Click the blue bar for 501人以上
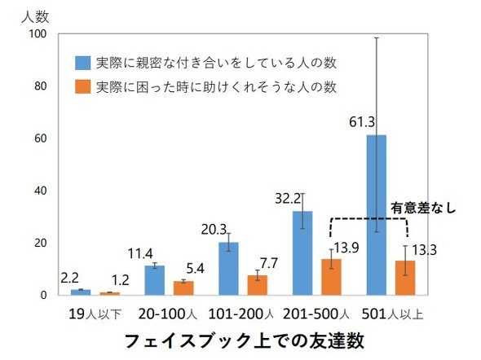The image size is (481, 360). click(x=377, y=215)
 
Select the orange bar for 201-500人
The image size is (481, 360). click(x=331, y=277)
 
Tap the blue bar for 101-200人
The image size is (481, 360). click(x=228, y=269)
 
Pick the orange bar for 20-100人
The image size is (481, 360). click(x=183, y=288)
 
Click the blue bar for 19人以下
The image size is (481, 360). click(x=81, y=292)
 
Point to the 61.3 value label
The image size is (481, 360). click(x=362, y=122)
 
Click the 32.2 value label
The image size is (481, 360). click(x=288, y=199)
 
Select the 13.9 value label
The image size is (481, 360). click(x=346, y=248)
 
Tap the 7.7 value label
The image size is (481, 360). click(x=269, y=263)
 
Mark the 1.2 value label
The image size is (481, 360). click(x=120, y=280)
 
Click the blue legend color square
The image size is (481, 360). click(x=83, y=63)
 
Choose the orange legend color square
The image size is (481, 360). click(x=83, y=86)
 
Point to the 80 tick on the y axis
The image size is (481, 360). click(x=41, y=86)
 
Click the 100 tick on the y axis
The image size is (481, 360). click(x=38, y=33)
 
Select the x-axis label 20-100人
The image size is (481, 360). click(x=167, y=314)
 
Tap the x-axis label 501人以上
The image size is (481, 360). click(x=392, y=314)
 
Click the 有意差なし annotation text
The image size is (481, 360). click(x=423, y=208)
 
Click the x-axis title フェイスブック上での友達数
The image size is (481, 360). click(x=245, y=340)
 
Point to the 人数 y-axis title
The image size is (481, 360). click(x=35, y=16)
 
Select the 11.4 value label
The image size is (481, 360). click(x=140, y=253)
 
